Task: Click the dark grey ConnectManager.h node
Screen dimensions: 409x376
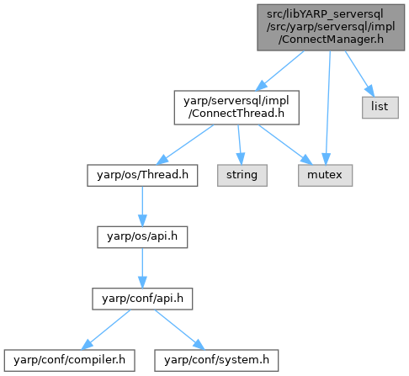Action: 331,28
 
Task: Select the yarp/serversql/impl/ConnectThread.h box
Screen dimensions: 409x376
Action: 236,108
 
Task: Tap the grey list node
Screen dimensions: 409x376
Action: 380,108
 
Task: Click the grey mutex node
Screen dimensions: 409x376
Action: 325,175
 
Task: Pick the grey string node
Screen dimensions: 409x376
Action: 242,175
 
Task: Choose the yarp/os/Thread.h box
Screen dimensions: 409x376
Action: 142,175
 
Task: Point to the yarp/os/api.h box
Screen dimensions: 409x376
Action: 142,237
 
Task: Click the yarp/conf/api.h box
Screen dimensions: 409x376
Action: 142,299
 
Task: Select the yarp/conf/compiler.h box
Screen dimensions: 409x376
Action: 69,360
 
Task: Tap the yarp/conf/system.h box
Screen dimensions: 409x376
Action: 216,360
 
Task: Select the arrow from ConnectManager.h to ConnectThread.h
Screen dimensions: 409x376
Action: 279,71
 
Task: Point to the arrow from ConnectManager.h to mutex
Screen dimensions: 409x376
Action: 328,108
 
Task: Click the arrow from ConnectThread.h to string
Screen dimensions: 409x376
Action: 240,145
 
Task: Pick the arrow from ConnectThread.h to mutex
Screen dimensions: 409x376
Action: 285,145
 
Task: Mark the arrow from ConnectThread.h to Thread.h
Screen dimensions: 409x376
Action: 185,145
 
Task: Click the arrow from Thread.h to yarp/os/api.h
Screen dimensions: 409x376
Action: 142,206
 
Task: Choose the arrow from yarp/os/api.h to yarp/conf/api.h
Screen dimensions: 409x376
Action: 142,268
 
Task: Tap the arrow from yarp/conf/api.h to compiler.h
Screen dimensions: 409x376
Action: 106,330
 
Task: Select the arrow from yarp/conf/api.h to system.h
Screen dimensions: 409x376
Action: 180,330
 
